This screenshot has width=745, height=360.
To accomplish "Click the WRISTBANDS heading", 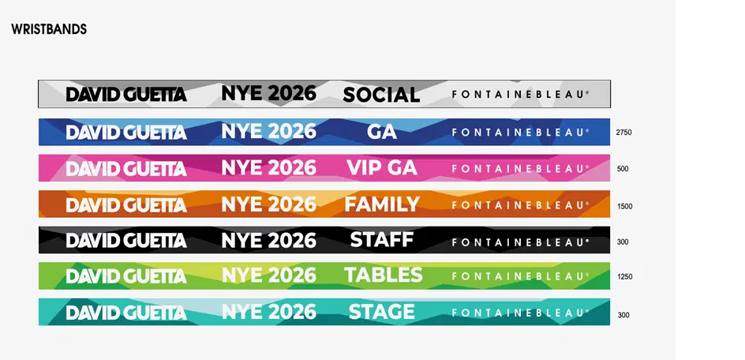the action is coord(49,29).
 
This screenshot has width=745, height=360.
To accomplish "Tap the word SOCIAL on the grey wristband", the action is coord(381,95).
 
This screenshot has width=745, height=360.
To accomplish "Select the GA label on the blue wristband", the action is coord(382,132).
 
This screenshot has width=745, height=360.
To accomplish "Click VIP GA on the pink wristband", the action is coord(382,167).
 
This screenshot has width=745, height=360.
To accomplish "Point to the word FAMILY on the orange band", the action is coord(382,204).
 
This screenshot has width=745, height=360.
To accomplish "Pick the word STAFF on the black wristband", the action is coord(382,239).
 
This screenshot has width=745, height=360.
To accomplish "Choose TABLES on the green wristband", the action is coord(383,275).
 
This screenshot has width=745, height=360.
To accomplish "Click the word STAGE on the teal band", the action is coord(382,312).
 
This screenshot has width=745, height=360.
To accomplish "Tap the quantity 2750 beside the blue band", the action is coord(623,133).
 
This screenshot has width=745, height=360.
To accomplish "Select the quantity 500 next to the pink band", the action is coord(623,169).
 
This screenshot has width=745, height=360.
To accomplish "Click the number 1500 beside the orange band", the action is coord(625,206).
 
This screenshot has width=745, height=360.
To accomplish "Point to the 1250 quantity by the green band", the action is coord(625,276).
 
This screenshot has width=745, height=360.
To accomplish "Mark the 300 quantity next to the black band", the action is coord(623,242).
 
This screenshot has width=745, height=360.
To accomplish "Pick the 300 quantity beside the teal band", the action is coord(623,315).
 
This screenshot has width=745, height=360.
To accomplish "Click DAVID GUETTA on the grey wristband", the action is coord(126,94).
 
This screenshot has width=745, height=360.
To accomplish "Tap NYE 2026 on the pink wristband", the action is coord(269,167).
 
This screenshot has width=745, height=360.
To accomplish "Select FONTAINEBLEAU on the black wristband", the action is coord(521,242).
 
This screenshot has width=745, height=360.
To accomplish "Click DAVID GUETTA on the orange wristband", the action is coord(126,205).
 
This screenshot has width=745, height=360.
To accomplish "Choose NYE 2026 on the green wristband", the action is coord(269,275).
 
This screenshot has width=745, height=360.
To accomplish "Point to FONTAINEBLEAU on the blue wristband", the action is coord(521,132).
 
